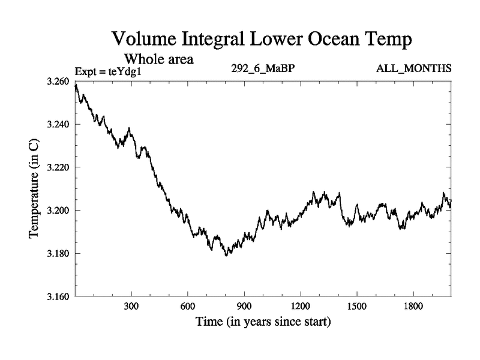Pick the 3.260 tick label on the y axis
coord(58,81)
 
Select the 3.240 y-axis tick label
coord(58,124)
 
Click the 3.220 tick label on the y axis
coord(58,167)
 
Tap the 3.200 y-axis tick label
coord(58,211)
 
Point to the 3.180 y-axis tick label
coord(58,254)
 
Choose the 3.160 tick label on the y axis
coord(58,296)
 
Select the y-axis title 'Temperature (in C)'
coord(34,188)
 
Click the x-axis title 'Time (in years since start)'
coord(263,323)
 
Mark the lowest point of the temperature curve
coord(226,256)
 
